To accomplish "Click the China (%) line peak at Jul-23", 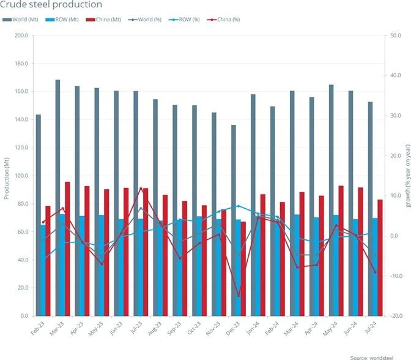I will pyautogui.click(x=141, y=189).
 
